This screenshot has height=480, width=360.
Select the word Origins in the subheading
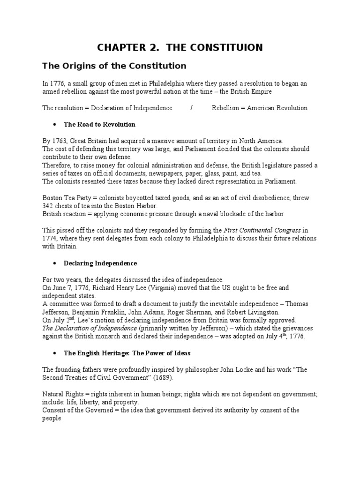tap(75, 66)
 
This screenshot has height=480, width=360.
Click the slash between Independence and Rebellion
tap(192, 108)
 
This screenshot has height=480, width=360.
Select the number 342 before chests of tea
tap(49, 206)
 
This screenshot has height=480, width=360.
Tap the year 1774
tap(50, 239)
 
